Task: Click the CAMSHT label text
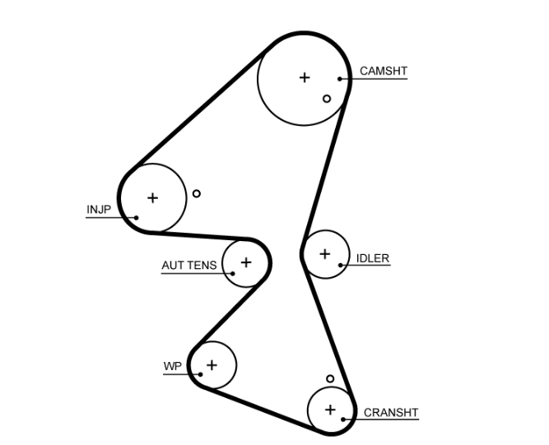[383, 72]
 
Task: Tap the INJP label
[98, 210]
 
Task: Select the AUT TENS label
[189, 265]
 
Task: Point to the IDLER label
[372, 258]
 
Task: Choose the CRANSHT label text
[390, 413]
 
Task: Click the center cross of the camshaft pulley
[305, 77]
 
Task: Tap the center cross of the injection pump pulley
[152, 197]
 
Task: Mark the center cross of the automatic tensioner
[245, 262]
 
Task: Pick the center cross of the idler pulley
[324, 254]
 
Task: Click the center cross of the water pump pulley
[212, 364]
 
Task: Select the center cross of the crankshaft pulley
[330, 409]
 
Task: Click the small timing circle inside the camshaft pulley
[327, 99]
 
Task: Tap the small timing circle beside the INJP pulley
[196, 194]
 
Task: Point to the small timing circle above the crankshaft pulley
[330, 379]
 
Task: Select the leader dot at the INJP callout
[137, 218]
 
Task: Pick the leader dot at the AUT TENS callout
[233, 273]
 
